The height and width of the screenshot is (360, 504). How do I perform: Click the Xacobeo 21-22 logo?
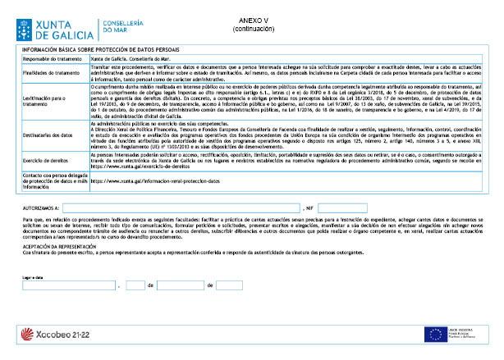point(58,335)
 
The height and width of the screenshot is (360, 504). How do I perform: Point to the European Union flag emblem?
point(435,335)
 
